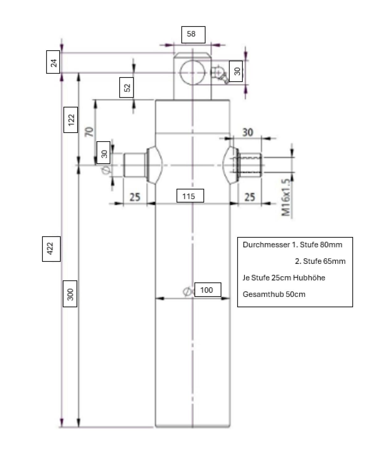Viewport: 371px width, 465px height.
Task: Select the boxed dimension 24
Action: [x=53, y=62]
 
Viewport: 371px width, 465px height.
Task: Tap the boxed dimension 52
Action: [x=127, y=87]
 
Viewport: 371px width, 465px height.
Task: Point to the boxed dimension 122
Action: [x=71, y=120]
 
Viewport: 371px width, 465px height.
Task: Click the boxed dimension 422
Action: [x=51, y=249]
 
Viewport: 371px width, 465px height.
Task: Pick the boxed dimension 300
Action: [x=70, y=294]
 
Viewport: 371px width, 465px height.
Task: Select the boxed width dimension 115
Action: [x=190, y=196]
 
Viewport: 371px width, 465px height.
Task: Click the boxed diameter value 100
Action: [x=207, y=290]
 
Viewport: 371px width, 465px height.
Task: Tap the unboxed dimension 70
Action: [x=89, y=132]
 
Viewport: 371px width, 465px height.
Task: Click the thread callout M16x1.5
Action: [x=286, y=198]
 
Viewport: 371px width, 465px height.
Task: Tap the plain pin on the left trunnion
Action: [x=134, y=165]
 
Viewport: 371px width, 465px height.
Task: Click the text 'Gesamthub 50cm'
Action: [x=274, y=294]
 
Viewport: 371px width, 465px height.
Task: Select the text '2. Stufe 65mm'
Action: [x=320, y=261]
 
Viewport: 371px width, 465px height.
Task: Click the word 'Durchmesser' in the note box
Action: [x=266, y=245]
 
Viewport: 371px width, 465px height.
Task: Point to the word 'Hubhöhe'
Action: [x=309, y=277]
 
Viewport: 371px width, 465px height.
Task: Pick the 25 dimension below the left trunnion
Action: [x=135, y=197]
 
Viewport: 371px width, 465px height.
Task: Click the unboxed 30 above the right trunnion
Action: [x=247, y=132]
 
